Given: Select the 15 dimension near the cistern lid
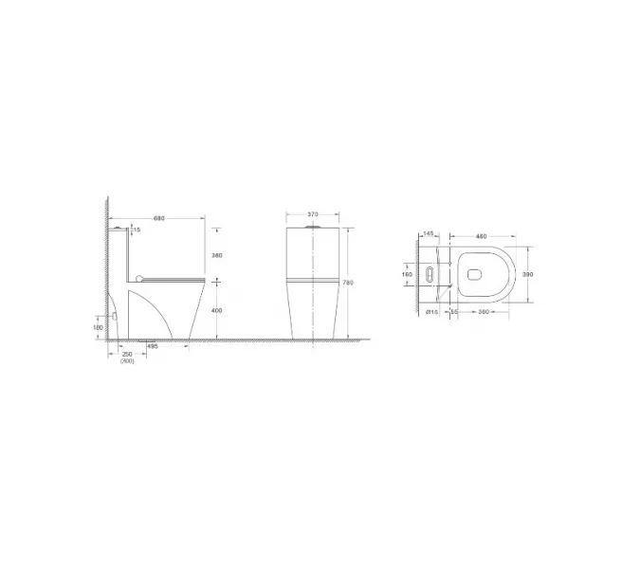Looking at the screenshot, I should pyautogui.click(x=137, y=229).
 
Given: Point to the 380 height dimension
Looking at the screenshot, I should pyautogui.click(x=216, y=254).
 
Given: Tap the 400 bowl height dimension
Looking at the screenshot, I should pyautogui.click(x=216, y=310).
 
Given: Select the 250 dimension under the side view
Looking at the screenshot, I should pyautogui.click(x=127, y=355).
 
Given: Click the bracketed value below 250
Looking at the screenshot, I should pyautogui.click(x=127, y=361).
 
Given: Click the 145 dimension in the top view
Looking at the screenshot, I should pyautogui.click(x=429, y=233).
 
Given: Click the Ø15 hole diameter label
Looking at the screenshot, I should pyautogui.click(x=430, y=312).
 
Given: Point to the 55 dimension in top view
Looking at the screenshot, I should pyautogui.click(x=454, y=312).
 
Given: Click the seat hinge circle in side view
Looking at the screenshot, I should pyautogui.click(x=139, y=278).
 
